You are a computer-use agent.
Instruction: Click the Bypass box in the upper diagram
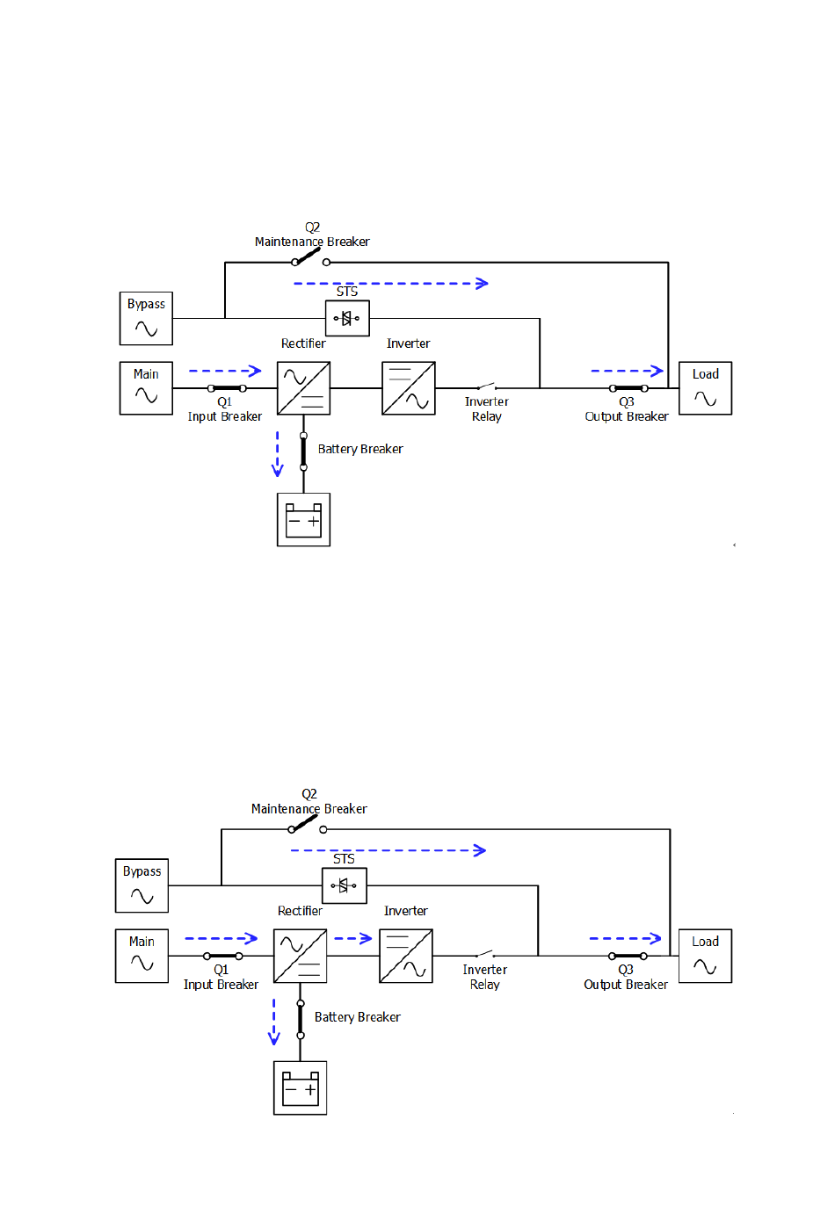[146, 318]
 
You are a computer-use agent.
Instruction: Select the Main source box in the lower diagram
[142, 956]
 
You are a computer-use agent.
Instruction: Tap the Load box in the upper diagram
[705, 388]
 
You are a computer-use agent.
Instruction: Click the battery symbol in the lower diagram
[301, 1088]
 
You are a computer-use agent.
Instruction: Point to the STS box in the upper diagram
[347, 318]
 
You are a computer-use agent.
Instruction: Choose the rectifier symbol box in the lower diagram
[301, 956]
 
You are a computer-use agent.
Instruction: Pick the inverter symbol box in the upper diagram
[409, 388]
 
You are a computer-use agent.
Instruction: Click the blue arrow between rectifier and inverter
[353, 938]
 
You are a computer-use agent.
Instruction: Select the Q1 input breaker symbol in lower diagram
[222, 956]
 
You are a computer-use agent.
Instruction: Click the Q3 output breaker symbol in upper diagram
[628, 388]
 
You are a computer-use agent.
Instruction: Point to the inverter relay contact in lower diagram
[485, 954]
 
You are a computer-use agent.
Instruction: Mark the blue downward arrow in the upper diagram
[278, 454]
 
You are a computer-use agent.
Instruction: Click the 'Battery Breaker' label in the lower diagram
[357, 1017]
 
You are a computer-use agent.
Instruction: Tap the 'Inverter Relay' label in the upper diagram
[486, 409]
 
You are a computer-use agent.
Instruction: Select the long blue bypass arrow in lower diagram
[388, 850]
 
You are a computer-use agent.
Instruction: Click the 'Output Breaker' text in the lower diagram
[626, 985]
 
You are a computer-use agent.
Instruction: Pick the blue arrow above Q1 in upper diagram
[225, 371]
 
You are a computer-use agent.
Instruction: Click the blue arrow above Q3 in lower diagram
[625, 938]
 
